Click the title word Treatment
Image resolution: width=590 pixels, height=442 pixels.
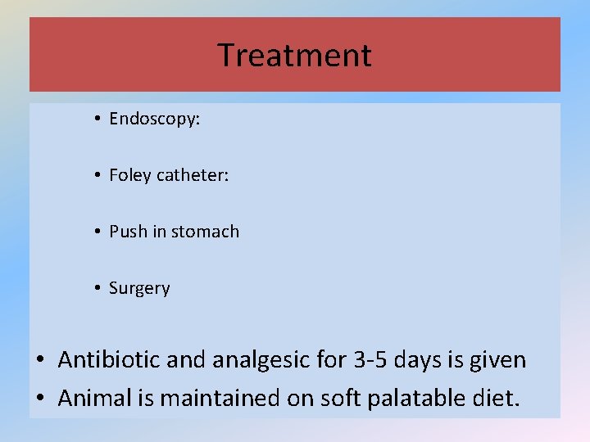pos(294,56)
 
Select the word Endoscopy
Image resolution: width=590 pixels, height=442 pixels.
pos(153,120)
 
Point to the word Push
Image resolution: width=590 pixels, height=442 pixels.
pos(127,232)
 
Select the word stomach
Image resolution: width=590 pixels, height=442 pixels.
pos(206,232)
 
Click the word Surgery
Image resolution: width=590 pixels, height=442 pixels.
pos(139,288)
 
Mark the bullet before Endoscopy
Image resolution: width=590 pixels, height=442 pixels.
pos(97,120)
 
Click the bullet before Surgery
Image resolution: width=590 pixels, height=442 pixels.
pos(97,288)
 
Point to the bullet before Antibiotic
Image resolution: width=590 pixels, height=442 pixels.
pos(40,360)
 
